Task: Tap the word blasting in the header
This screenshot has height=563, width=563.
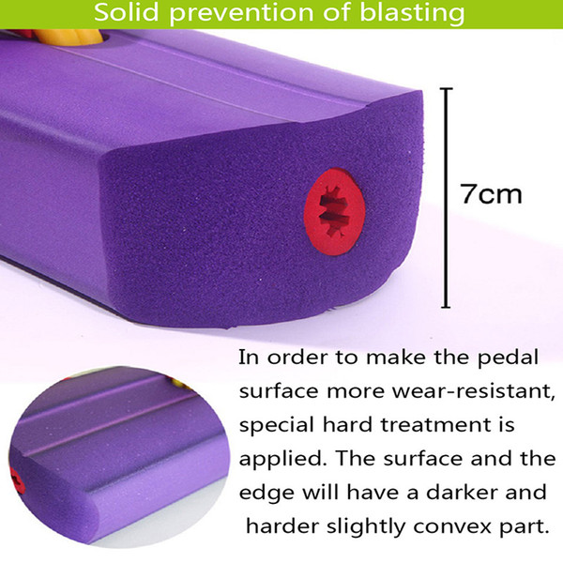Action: coord(412,14)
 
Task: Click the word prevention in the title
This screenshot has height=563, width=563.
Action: coord(242,14)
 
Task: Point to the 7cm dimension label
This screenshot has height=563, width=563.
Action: coord(491,194)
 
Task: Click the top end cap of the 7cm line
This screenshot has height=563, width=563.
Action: coord(446,88)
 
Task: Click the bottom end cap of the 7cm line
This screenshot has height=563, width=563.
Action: coord(446,307)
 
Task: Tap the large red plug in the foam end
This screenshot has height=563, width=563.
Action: coord(334,212)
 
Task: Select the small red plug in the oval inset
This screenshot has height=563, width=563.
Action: coord(17,481)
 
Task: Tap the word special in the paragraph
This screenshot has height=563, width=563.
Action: coord(276,426)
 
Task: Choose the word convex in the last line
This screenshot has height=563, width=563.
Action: coord(455,527)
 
